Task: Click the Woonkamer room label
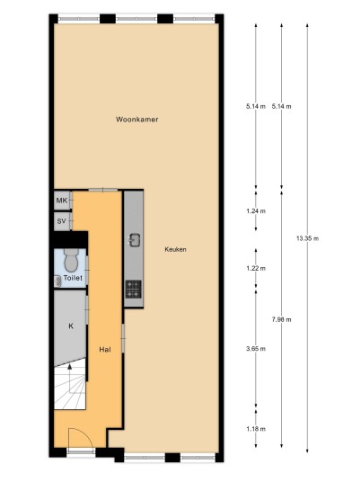pyautogui.click(x=136, y=120)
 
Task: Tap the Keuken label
pyautogui.click(x=176, y=249)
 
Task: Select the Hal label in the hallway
pyautogui.click(x=105, y=350)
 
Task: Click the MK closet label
pyautogui.click(x=62, y=201)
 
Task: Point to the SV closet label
pyautogui.click(x=61, y=221)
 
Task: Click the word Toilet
pyautogui.click(x=73, y=278)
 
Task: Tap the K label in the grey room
pyautogui.click(x=71, y=326)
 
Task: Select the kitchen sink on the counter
pyautogui.click(x=134, y=240)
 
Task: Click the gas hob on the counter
pyautogui.click(x=134, y=289)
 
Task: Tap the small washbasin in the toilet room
pyautogui.click(x=57, y=281)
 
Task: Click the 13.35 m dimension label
pyautogui.click(x=307, y=238)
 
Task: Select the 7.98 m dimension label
pyautogui.click(x=281, y=320)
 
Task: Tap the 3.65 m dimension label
pyautogui.click(x=256, y=349)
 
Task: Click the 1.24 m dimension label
pyautogui.click(x=256, y=211)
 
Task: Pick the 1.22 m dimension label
pyautogui.click(x=256, y=268)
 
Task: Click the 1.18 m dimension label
pyautogui.click(x=256, y=429)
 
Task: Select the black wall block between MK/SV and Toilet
pyautogui.click(x=71, y=239)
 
